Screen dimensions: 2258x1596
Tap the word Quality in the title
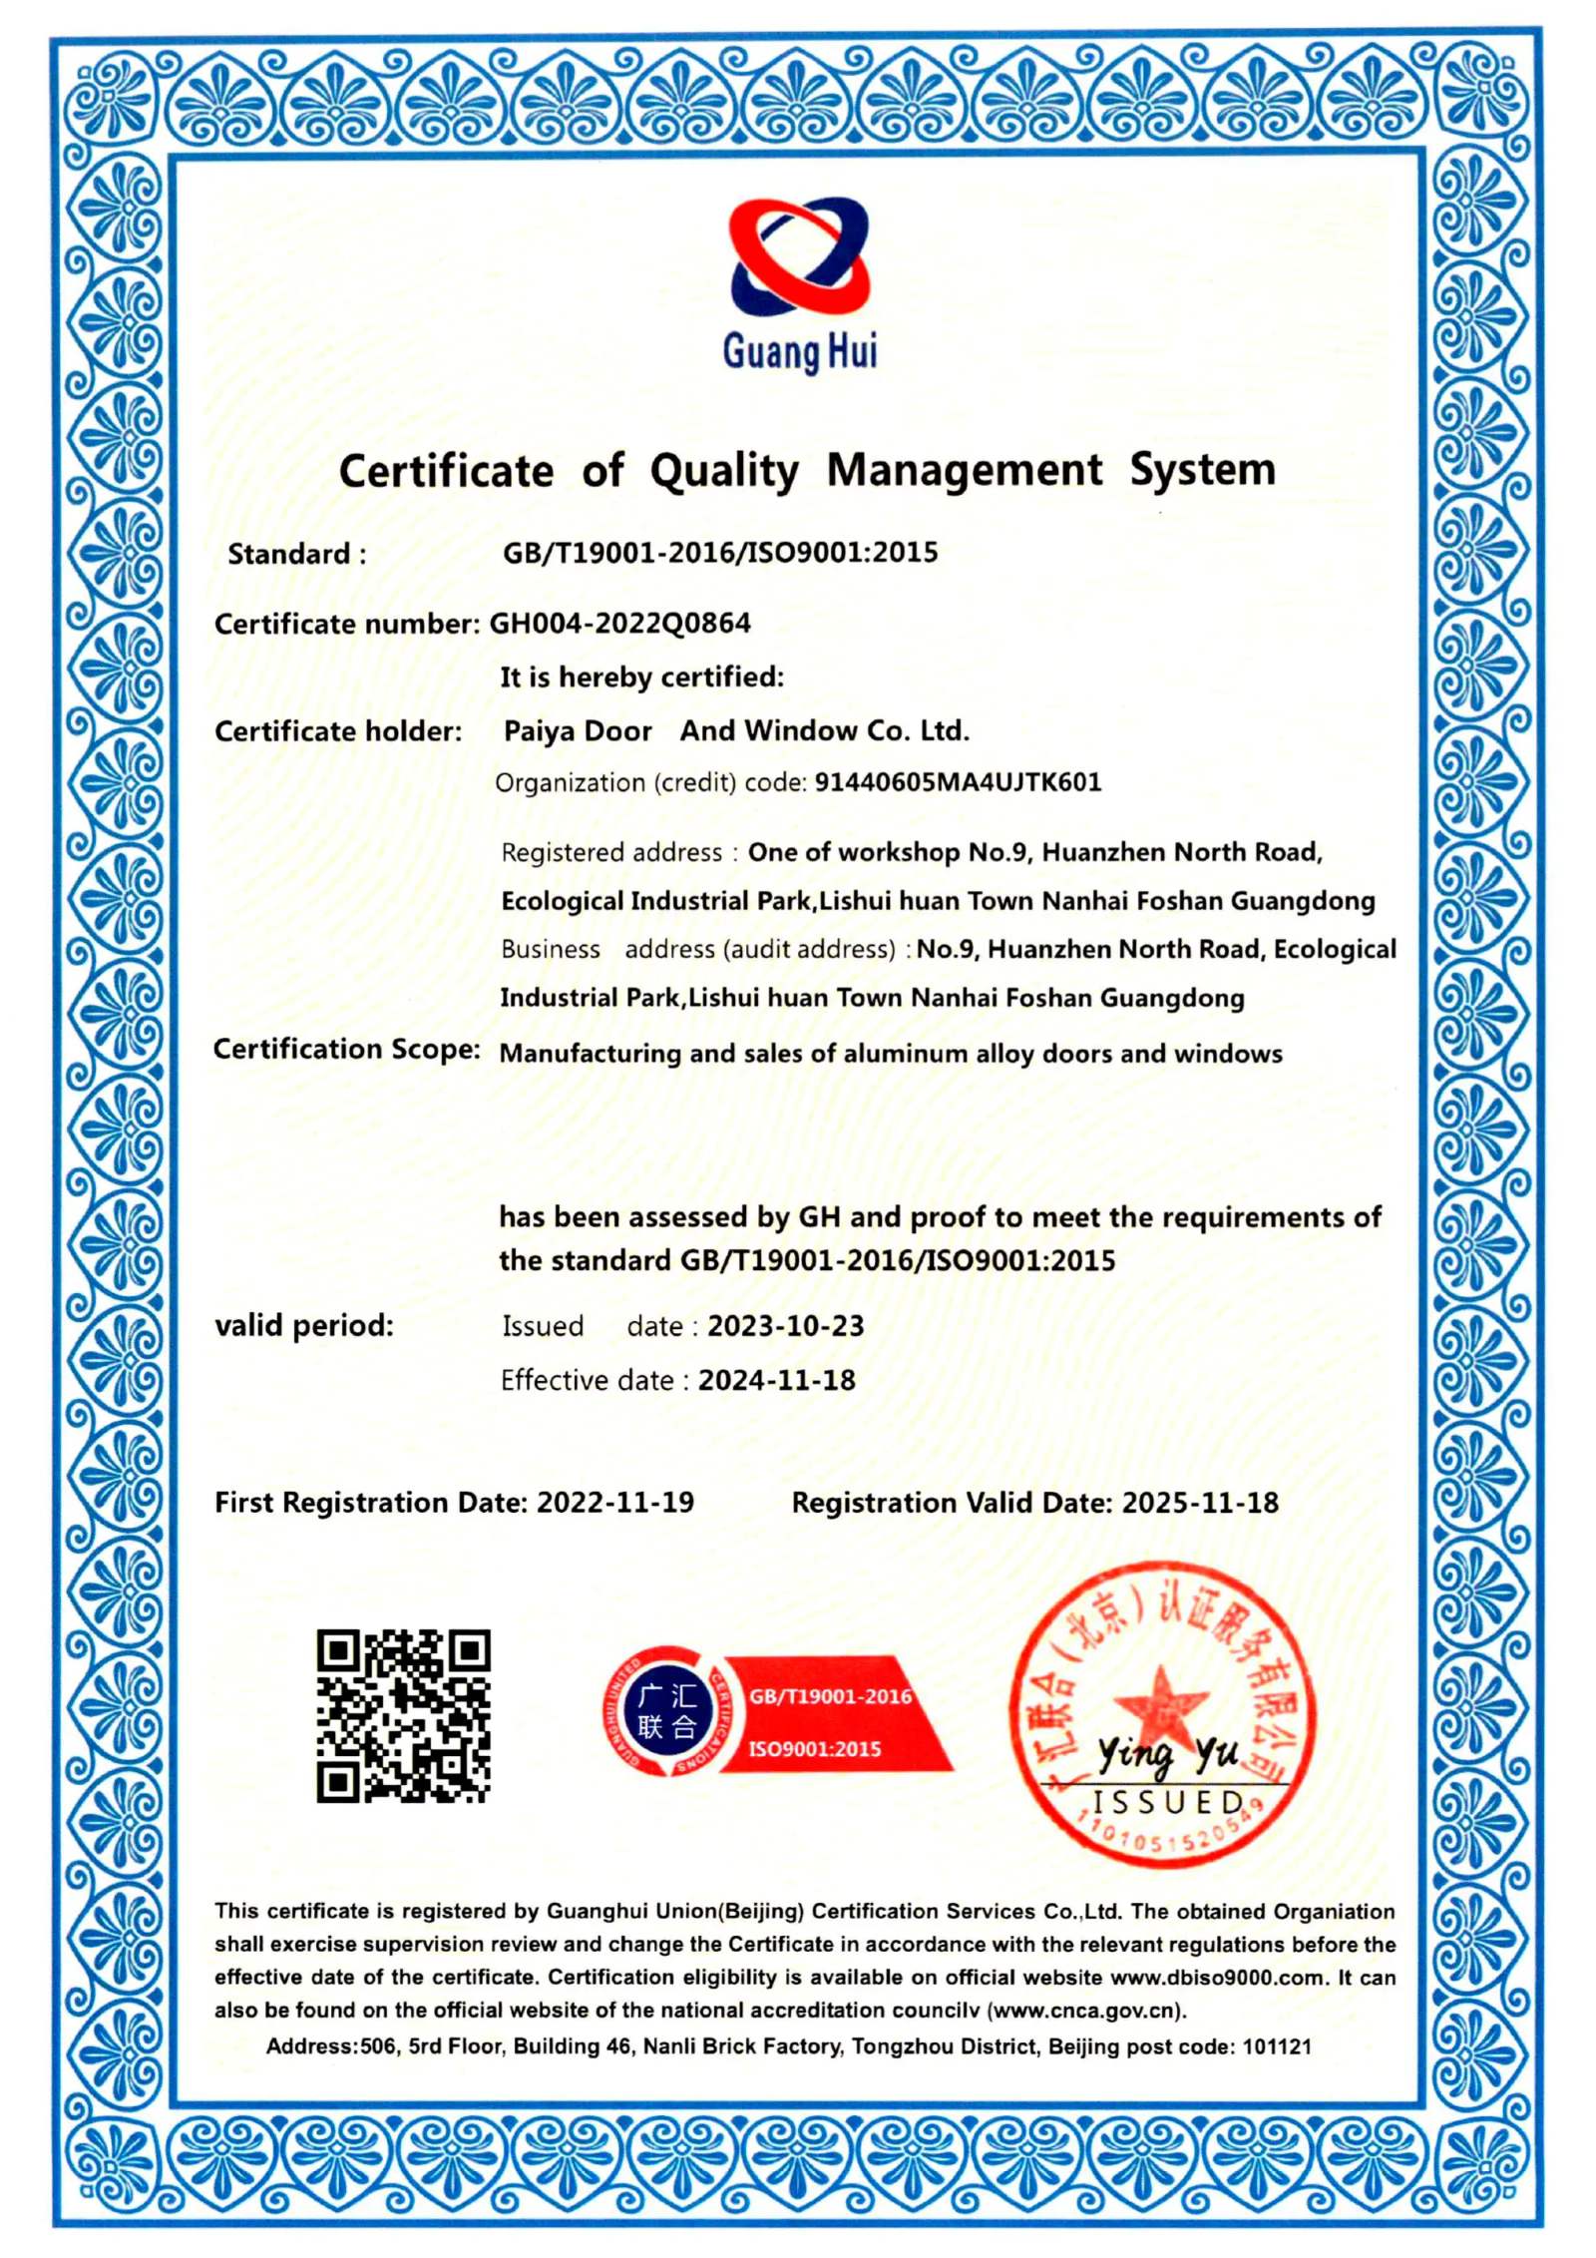(724, 471)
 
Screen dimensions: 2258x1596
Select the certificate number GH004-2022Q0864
(619, 624)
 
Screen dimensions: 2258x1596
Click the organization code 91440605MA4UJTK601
(958, 782)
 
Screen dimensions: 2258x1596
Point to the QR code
(403, 1715)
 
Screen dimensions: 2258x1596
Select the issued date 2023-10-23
(785, 1326)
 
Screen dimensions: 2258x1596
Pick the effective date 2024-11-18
(776, 1380)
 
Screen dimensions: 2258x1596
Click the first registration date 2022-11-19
(614, 1503)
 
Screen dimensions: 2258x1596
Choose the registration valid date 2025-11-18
(1199, 1503)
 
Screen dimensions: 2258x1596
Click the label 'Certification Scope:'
(346, 1050)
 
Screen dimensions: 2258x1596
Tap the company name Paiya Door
(578, 731)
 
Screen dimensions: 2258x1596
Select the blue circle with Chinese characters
(666, 1711)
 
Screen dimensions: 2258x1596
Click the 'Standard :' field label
(296, 554)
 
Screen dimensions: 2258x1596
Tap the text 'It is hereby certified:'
(641, 677)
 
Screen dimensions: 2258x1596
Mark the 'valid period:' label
(304, 1326)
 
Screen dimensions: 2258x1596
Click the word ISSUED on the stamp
(1167, 1802)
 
